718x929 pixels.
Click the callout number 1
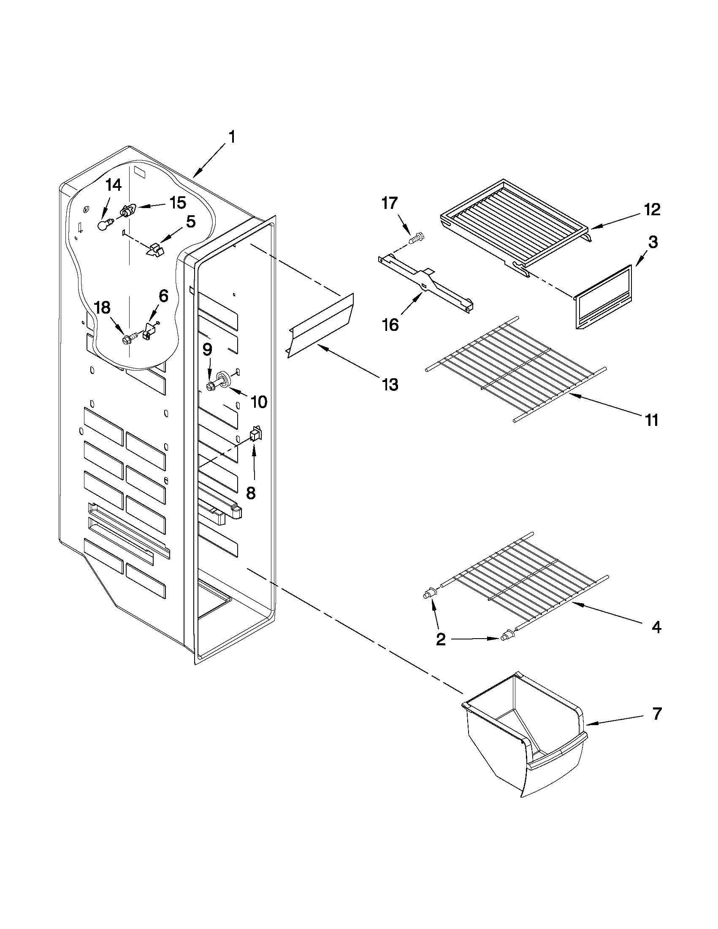232,138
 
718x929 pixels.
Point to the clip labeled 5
155,250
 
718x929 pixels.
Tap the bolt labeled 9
211,386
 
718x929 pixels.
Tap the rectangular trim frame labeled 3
603,298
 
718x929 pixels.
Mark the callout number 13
390,385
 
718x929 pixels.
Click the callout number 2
441,651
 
